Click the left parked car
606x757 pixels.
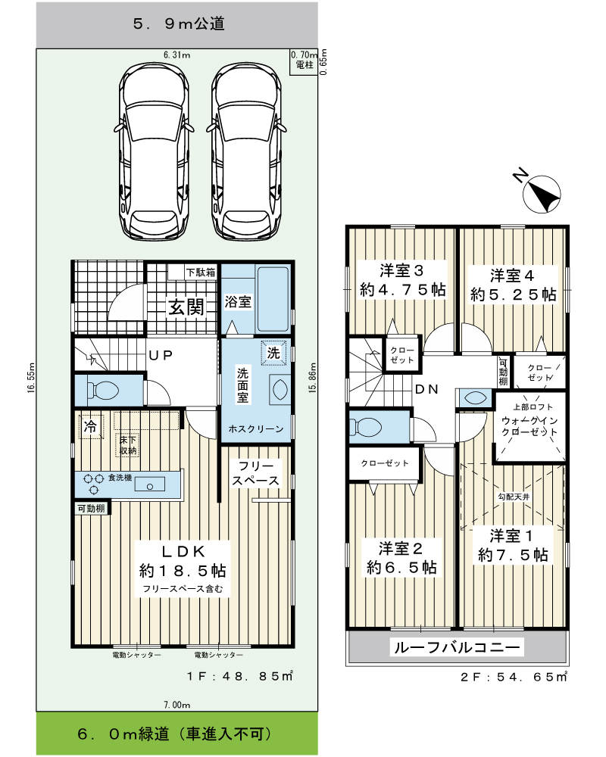coord(154,151)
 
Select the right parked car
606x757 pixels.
coord(246,151)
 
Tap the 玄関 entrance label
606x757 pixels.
coord(186,307)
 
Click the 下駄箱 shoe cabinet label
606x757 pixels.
coord(201,273)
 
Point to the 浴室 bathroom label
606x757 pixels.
coord(238,302)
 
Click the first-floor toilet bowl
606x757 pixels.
coord(102,390)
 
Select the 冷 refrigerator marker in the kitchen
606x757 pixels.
coord(91,427)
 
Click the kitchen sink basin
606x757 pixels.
coord(149,484)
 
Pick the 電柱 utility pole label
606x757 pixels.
coord(305,64)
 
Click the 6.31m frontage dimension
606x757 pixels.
coord(176,55)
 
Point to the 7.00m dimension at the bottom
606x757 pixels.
coord(176,705)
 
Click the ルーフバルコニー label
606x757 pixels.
coord(457,647)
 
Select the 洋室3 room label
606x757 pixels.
coord(401,271)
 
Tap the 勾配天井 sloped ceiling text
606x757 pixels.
coord(514,497)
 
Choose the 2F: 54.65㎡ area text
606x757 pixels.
coord(514,677)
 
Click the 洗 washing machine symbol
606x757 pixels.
coord(273,353)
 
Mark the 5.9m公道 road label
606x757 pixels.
coord(178,23)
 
